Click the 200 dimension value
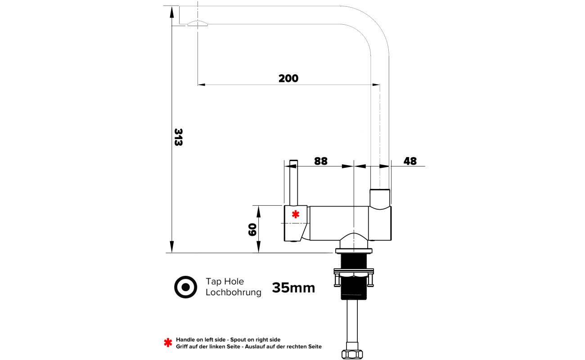[288, 78]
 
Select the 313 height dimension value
[178, 137]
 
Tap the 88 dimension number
[321, 161]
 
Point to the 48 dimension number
[410, 161]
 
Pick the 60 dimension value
[252, 229]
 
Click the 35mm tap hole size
[293, 288]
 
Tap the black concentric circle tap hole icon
[186, 287]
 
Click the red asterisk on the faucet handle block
[296, 215]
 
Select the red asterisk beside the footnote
[168, 343]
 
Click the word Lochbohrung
[233, 292]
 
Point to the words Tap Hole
[225, 281]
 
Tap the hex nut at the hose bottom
[352, 354]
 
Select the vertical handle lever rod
[293, 183]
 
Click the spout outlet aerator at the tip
[198, 23]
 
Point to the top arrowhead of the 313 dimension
[171, 12]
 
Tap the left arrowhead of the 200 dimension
[202, 85]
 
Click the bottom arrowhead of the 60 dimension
[259, 247]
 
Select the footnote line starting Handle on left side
[228, 340]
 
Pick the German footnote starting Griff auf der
[248, 346]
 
